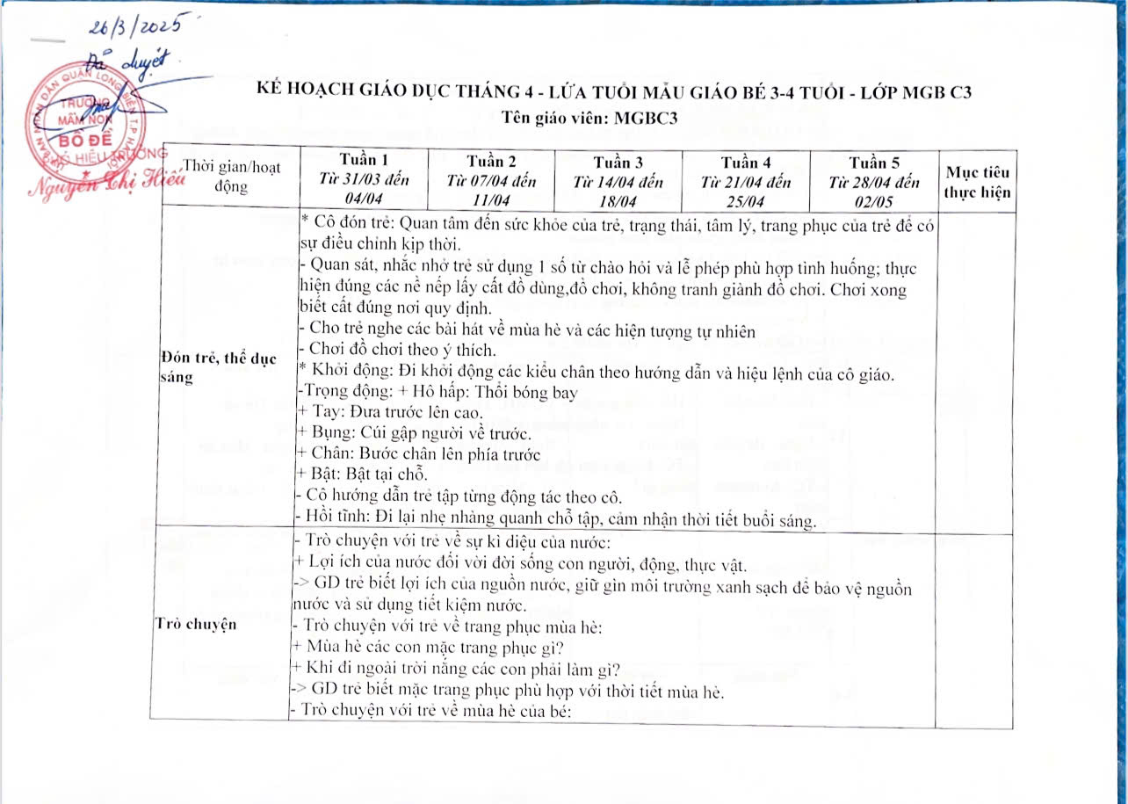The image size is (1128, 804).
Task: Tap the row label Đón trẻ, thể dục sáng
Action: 220,366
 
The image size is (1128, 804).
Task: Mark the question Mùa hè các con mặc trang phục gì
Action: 426,649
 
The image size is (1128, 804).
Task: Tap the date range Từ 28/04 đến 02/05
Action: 874,191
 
